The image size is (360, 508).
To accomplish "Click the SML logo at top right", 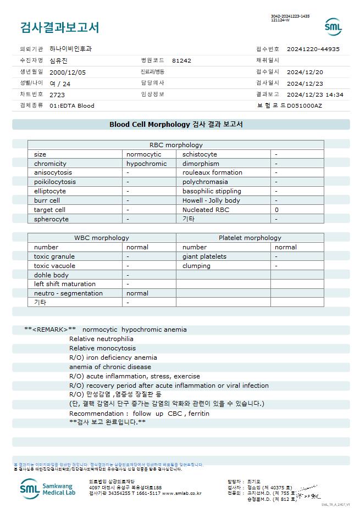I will [x=333, y=27].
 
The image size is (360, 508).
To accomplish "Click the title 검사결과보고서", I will [x=60, y=27].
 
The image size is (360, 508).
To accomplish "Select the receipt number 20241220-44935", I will [x=313, y=49].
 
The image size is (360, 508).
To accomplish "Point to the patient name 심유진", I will [x=59, y=60].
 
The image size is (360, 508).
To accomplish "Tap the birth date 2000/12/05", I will [x=68, y=72].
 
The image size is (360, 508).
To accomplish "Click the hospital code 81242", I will [x=181, y=60].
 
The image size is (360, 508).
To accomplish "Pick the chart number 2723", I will [x=57, y=95].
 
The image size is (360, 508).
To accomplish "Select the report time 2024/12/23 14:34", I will [x=315, y=95].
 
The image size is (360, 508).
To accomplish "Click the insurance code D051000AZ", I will [x=304, y=105].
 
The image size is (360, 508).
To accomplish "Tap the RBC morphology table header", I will [x=176, y=145].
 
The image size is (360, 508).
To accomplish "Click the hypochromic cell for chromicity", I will [x=146, y=164].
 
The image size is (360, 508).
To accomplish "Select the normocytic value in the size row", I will [x=144, y=154].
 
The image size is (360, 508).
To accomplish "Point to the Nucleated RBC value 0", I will [x=276, y=210].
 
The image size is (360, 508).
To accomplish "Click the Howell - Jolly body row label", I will [x=211, y=200].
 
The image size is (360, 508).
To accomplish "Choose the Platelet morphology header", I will [x=250, y=238].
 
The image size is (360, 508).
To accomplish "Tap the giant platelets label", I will [x=204, y=256].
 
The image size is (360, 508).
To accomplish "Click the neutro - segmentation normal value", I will [x=137, y=293].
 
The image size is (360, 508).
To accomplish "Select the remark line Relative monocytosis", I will [x=102, y=348].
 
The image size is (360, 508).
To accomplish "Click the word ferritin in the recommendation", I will [x=198, y=413].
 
